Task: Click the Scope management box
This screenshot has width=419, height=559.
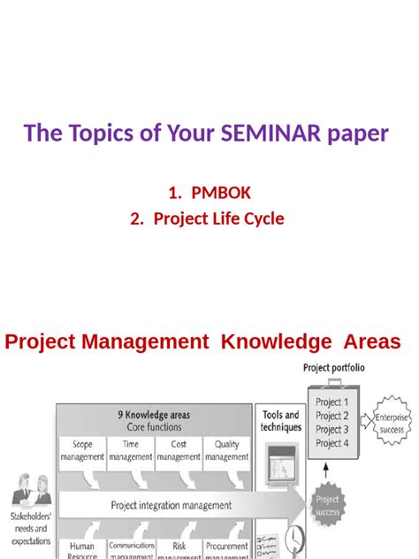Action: (82, 451)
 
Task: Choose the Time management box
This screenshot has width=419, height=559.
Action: (131, 451)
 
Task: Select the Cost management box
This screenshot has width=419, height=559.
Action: (179, 451)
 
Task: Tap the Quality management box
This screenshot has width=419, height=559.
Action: (226, 451)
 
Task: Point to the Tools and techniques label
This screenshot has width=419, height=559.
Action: (280, 420)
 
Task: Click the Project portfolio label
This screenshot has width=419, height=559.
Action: (334, 368)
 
